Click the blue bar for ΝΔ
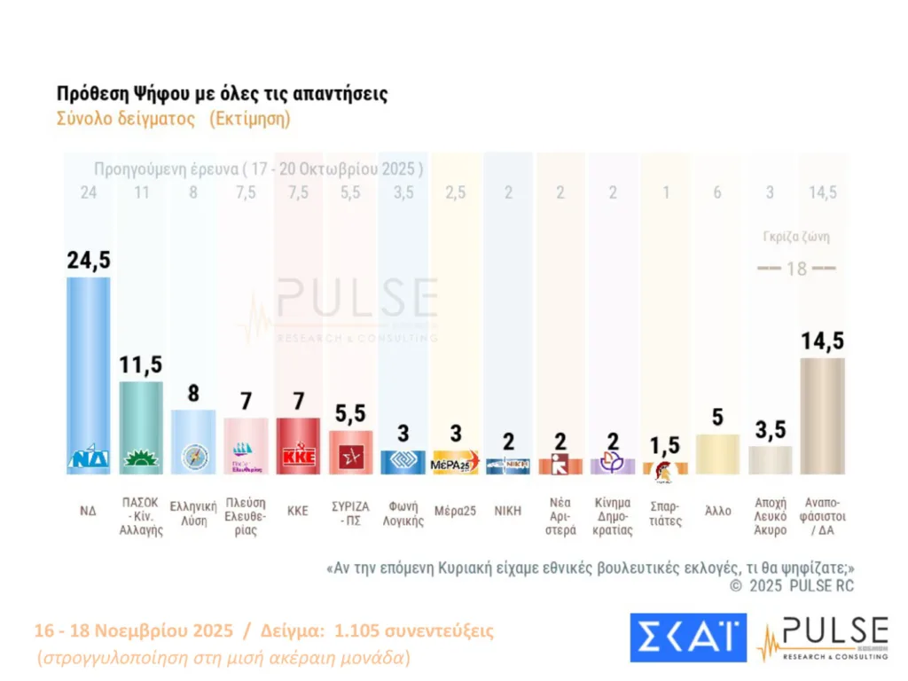[89, 372]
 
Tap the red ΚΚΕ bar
[299, 443]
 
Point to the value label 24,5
[89, 260]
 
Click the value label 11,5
[141, 364]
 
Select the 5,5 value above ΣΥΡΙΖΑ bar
[351, 414]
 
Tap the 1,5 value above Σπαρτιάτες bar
[665, 445]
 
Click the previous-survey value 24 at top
[87, 193]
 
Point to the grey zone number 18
[797, 269]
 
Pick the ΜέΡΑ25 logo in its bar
[455, 463]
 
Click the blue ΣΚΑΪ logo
[688, 637]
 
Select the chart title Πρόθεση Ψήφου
[222, 94]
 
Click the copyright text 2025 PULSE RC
[792, 586]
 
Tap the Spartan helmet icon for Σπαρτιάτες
[665, 467]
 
